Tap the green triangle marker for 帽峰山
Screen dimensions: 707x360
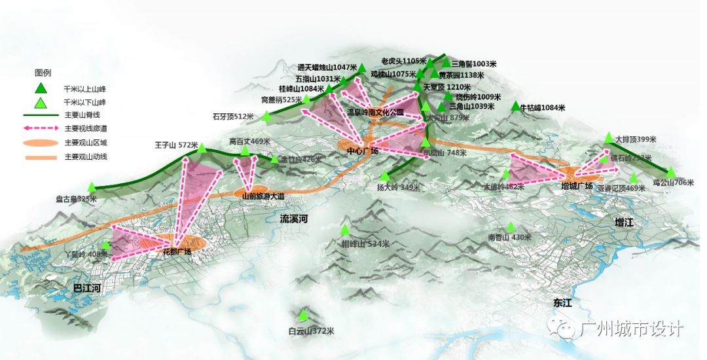point(345,230)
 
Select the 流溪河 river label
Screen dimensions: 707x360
point(293,219)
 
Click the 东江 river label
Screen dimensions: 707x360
point(562,303)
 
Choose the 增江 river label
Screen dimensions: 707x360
point(625,223)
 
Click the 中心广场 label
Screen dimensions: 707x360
point(363,151)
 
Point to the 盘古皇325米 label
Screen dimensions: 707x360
point(76,198)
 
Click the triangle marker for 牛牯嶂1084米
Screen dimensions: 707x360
point(516,106)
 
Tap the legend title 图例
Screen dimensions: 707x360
point(43,73)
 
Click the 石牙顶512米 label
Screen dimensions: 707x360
point(233,117)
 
